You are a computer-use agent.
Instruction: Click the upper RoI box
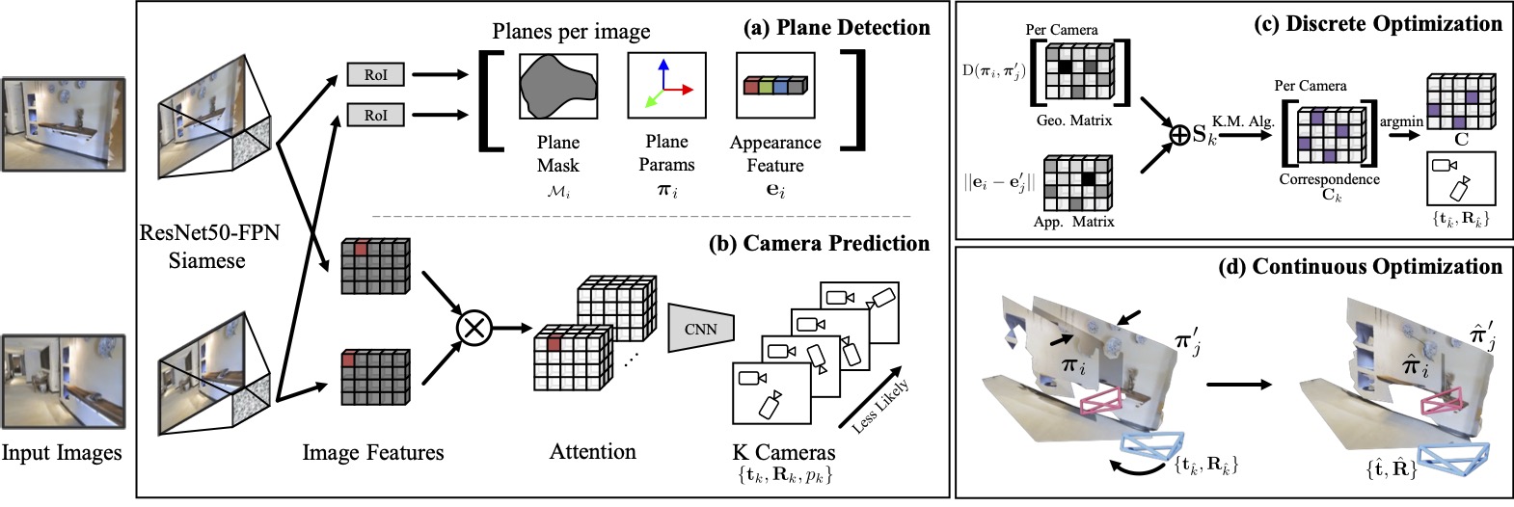coord(375,74)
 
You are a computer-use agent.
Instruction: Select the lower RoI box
coord(375,115)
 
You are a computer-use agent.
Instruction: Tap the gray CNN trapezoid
coord(700,328)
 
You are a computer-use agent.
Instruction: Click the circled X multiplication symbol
coord(473,328)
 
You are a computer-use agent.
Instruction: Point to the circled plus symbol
coord(1178,135)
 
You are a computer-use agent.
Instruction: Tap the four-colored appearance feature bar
coord(774,87)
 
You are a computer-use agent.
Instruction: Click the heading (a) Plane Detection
coord(836,28)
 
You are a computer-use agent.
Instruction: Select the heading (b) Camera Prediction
coord(819,243)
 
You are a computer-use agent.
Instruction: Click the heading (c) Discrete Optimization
coord(1378,23)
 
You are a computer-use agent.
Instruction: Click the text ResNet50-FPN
coord(209,233)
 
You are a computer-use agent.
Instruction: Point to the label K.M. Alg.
coord(1244,121)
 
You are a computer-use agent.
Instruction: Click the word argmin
coord(1401,121)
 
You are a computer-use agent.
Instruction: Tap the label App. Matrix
coord(1073,222)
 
